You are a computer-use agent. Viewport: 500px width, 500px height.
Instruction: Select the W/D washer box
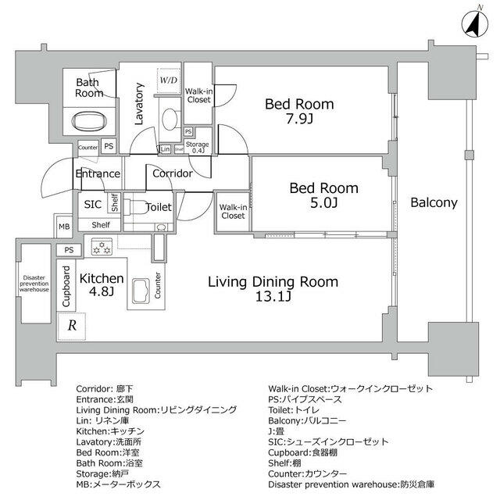pos(168,80)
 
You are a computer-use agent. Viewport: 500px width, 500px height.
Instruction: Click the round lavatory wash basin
pos(168,118)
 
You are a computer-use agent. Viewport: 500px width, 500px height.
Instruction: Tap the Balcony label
pos(434,202)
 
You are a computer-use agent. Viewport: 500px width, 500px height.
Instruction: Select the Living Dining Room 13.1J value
pos(273,297)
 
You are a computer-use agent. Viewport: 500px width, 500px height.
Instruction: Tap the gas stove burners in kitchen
pos(101,249)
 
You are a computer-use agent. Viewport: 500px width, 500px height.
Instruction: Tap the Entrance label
pos(97,173)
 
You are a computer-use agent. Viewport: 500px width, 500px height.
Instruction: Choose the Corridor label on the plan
pos(173,173)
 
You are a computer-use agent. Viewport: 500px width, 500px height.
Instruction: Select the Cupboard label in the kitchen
pos(66,286)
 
